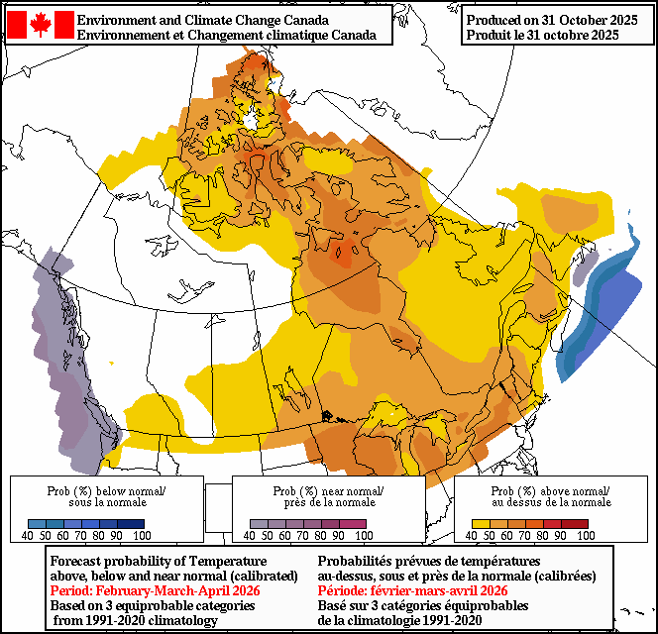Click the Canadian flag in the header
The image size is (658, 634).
pos(40,25)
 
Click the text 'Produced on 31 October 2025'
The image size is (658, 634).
pos(552,20)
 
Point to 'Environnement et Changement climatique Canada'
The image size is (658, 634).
pos(226,35)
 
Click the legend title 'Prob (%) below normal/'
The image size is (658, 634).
pos(106,491)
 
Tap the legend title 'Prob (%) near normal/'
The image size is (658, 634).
pos(328,491)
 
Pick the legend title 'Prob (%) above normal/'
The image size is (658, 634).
pos(551,491)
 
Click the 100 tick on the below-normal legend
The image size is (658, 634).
pos(141,536)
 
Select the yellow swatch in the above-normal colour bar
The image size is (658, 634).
pos(481,524)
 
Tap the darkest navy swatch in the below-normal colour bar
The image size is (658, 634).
pos(134,524)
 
